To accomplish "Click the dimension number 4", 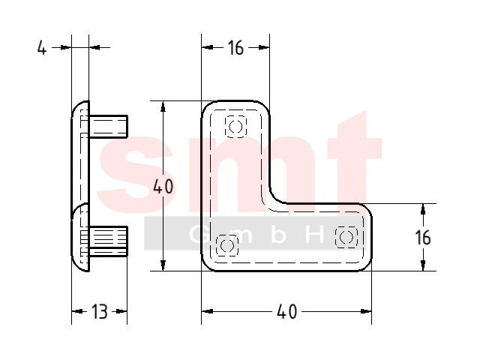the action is pos(42,48).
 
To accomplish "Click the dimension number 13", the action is pos(100,312).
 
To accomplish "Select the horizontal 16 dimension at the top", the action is pos(235,48).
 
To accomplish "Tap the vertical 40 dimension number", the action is pos(163,187).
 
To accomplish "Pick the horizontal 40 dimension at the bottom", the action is pos(286,312).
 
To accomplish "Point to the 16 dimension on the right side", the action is pos(423,238).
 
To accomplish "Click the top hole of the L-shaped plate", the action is pos(235,127).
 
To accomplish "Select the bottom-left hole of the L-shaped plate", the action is pos(226,245).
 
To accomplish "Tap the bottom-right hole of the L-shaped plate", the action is pos(346,237).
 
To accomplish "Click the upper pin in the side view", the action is pos(108,127).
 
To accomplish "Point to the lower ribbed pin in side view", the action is pos(108,241).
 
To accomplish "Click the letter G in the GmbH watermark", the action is pos(197,235).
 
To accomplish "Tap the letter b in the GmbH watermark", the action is pos(278,235).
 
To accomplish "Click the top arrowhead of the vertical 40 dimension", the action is pos(163,106).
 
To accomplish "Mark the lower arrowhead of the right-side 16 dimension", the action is pos(423,265).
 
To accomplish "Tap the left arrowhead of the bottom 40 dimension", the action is pos(207,312).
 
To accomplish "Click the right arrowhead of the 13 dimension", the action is pos(121,312).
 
